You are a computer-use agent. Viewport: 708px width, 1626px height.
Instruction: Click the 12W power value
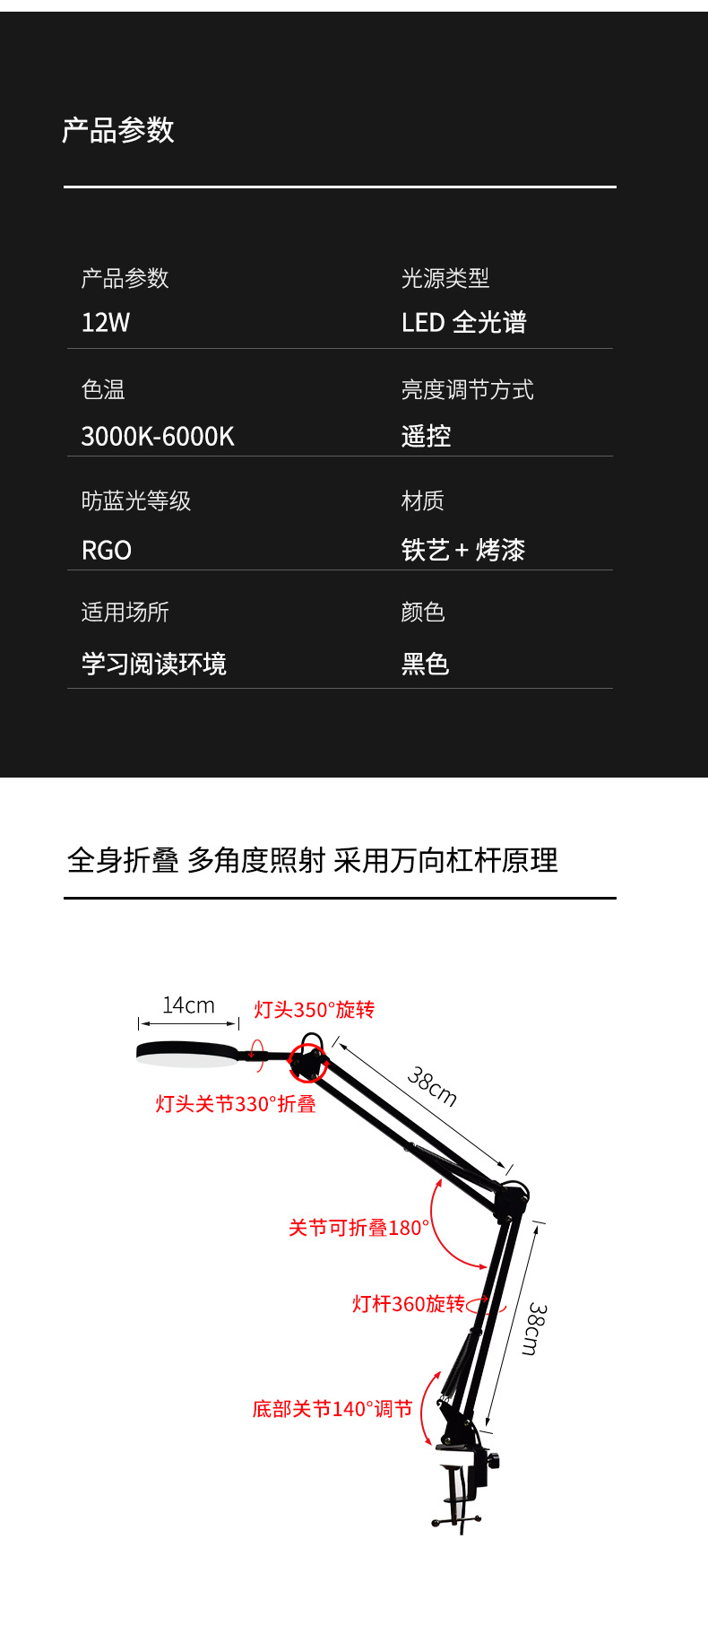click(x=106, y=323)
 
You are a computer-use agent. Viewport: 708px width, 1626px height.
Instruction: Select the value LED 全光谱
click(x=463, y=323)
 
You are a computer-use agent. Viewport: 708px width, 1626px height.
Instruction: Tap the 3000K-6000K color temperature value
click(x=158, y=437)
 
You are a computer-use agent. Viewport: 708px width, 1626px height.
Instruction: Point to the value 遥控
click(x=426, y=437)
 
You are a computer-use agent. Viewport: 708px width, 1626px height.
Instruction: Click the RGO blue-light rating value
click(x=107, y=551)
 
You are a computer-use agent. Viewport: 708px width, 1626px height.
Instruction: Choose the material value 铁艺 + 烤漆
click(x=462, y=550)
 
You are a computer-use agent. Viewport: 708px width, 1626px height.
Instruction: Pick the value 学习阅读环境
click(x=154, y=665)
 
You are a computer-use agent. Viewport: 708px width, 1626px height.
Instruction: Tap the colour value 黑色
click(x=425, y=665)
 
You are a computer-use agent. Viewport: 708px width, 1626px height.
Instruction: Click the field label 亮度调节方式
click(x=467, y=390)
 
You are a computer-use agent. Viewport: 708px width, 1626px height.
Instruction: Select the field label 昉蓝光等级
click(x=136, y=501)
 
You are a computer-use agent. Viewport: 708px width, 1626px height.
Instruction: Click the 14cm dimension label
click(x=188, y=1006)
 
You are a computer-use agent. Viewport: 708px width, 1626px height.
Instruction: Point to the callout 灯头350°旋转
click(x=314, y=1010)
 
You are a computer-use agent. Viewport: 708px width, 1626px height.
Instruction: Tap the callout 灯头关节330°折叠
click(x=236, y=1104)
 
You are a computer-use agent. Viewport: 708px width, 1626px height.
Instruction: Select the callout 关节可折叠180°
click(x=358, y=1228)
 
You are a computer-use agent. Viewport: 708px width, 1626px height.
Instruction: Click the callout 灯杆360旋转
click(x=409, y=1304)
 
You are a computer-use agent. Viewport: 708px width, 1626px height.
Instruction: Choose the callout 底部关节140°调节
click(x=332, y=1409)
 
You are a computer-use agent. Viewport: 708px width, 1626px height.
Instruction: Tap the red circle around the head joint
click(x=308, y=1063)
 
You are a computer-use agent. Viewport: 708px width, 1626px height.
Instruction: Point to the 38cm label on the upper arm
click(x=432, y=1087)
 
